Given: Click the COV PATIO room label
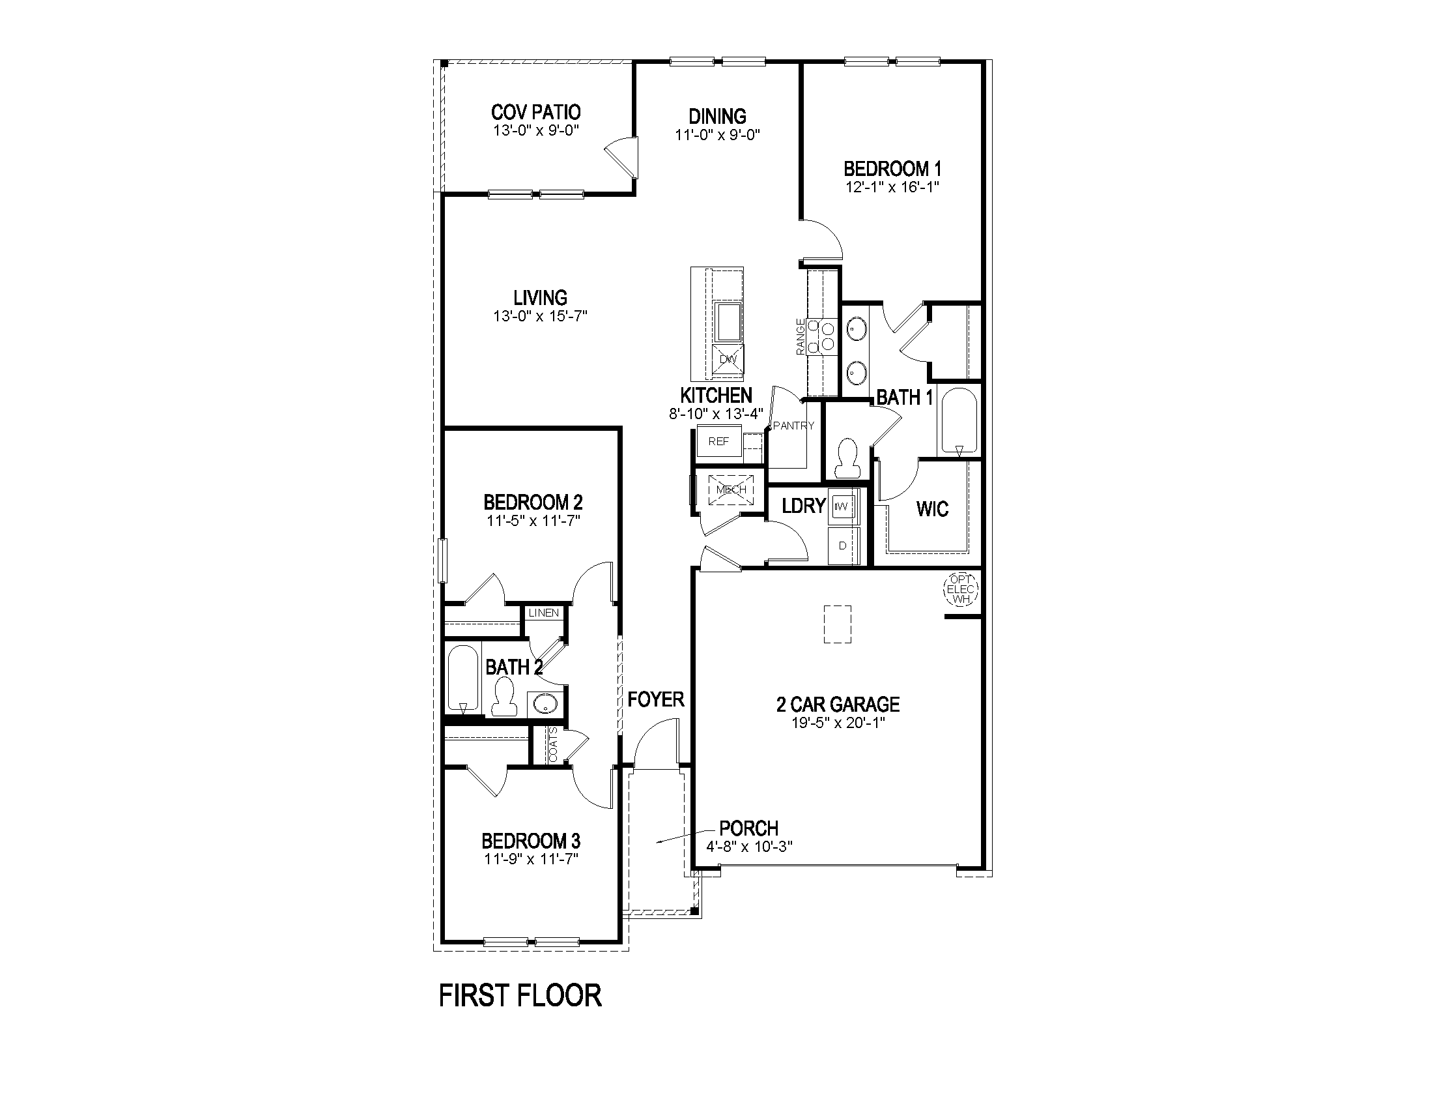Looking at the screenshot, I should [535, 112].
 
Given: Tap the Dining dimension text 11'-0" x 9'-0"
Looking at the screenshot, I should [717, 135].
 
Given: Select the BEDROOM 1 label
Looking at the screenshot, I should [892, 169].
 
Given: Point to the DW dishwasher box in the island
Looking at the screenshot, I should [728, 360].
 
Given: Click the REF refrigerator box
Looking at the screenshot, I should [718, 442].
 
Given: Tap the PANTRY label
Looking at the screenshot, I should [793, 426].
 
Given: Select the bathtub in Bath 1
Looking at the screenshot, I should [959, 421].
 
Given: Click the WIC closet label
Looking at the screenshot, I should [932, 510].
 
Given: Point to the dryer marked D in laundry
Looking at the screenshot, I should [843, 546].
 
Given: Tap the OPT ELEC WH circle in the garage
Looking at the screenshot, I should [961, 589].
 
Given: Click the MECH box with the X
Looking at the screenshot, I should [731, 490].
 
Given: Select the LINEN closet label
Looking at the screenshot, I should [544, 613].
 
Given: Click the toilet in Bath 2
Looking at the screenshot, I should [504, 697].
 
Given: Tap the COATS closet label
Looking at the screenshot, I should [552, 746].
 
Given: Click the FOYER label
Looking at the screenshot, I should [655, 700].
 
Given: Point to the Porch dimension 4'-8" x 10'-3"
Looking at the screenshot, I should [748, 847].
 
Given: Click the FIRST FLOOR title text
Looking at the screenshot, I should [520, 996].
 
